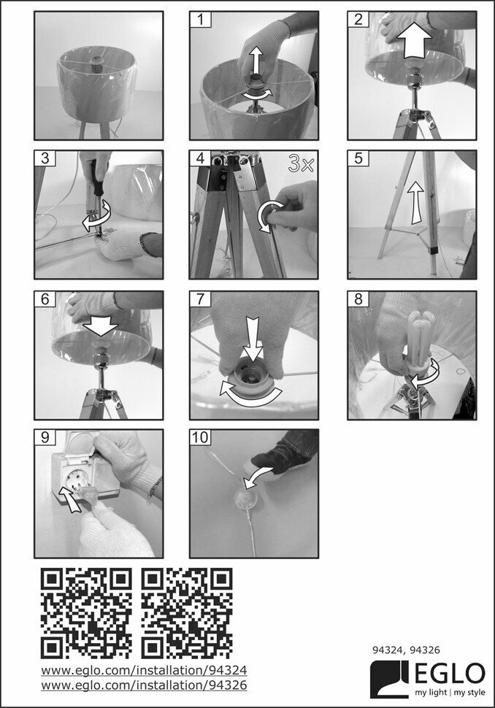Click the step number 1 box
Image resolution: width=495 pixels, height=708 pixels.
(201, 20)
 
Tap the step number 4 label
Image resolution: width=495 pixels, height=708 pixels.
(201, 158)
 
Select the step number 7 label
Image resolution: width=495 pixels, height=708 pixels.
(201, 299)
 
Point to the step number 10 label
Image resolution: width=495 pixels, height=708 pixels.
(201, 437)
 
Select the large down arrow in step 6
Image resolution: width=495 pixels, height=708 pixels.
(101, 324)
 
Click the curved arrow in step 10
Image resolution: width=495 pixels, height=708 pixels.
(258, 478)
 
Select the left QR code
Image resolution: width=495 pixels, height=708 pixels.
(86, 613)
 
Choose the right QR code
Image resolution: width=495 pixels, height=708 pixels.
(187, 613)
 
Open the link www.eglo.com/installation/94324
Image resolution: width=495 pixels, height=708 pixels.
(144, 670)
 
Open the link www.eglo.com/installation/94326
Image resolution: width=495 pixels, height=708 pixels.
(144, 685)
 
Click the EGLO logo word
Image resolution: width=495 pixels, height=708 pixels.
(450, 674)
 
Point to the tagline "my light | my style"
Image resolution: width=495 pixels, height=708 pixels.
(450, 693)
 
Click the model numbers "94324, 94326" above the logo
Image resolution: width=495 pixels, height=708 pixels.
(406, 650)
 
